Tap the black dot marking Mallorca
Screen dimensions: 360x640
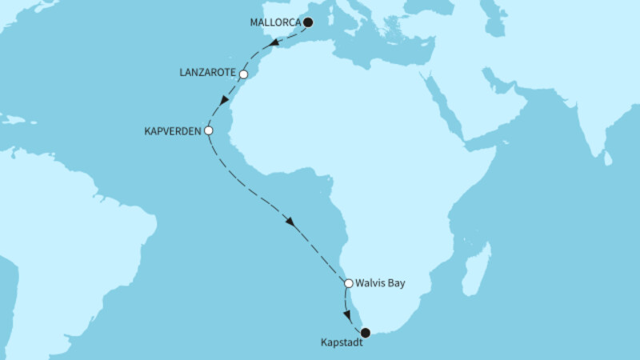click(x=308, y=22)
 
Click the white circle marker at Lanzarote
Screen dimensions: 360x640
click(x=245, y=75)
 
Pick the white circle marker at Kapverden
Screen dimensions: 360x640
click(x=209, y=130)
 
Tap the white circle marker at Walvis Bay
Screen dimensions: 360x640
click(x=349, y=282)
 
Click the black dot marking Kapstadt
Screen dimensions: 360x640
click(x=366, y=332)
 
